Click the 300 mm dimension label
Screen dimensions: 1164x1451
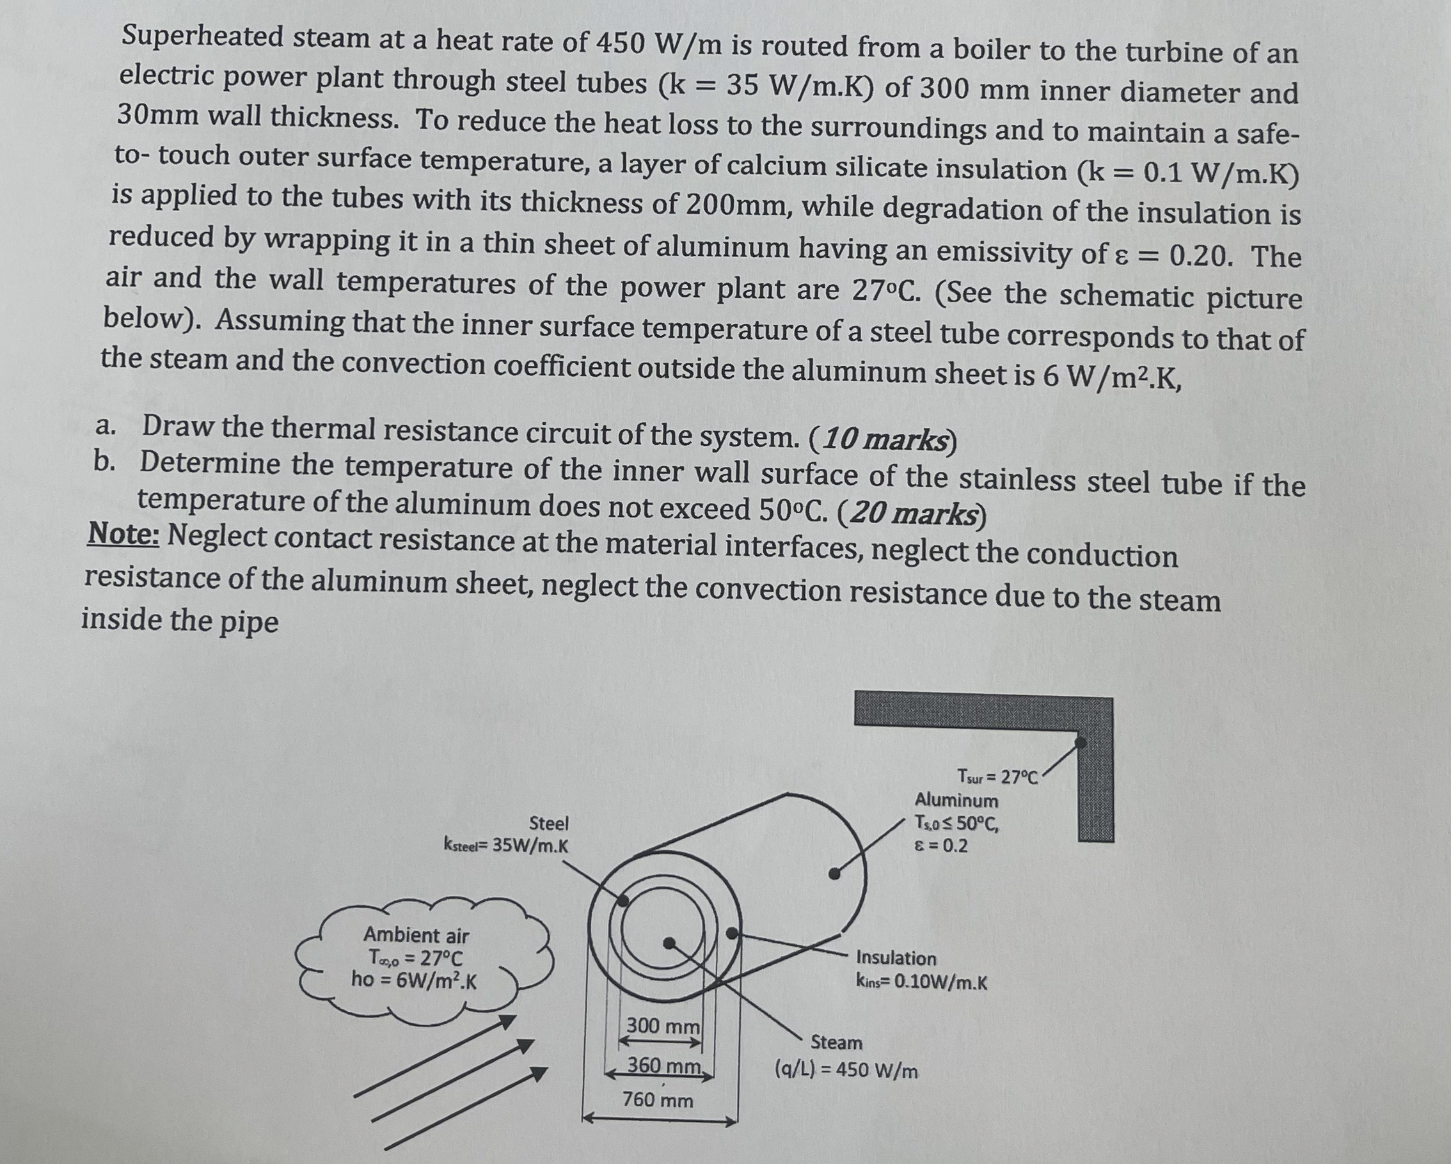click(x=663, y=1026)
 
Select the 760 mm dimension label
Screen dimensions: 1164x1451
click(x=658, y=1100)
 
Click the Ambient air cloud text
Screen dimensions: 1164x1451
click(x=416, y=935)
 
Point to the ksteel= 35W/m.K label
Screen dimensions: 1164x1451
click(x=506, y=845)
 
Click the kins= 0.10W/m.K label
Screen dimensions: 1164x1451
click(x=921, y=982)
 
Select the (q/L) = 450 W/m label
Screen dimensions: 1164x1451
click(x=846, y=1070)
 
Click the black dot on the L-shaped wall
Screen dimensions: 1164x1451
click(x=1080, y=742)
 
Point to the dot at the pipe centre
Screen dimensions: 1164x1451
click(x=669, y=943)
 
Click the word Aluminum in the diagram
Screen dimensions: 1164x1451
click(x=956, y=801)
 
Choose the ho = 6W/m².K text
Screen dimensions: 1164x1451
click(x=414, y=980)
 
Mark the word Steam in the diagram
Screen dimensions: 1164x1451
click(x=836, y=1043)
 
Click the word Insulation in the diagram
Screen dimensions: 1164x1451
click(x=896, y=958)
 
